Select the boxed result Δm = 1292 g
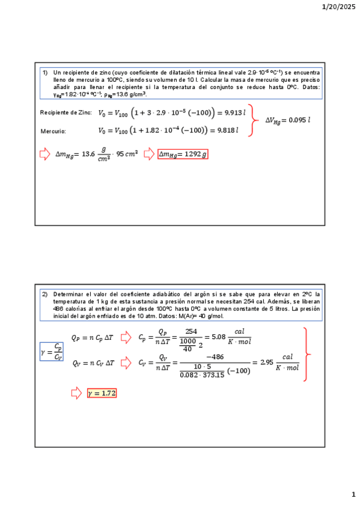pos(183,155)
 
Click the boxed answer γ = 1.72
pos(102,393)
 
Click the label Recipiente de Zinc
pos(66,112)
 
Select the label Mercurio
pos(53,131)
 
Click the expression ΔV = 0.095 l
pos(288,120)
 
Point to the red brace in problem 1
pos(255,120)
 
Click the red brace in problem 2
pos(307,354)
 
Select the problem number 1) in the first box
pos(44,72)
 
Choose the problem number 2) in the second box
pos(44,295)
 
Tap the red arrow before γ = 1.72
pos(76,393)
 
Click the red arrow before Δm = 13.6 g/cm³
pos(44,155)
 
